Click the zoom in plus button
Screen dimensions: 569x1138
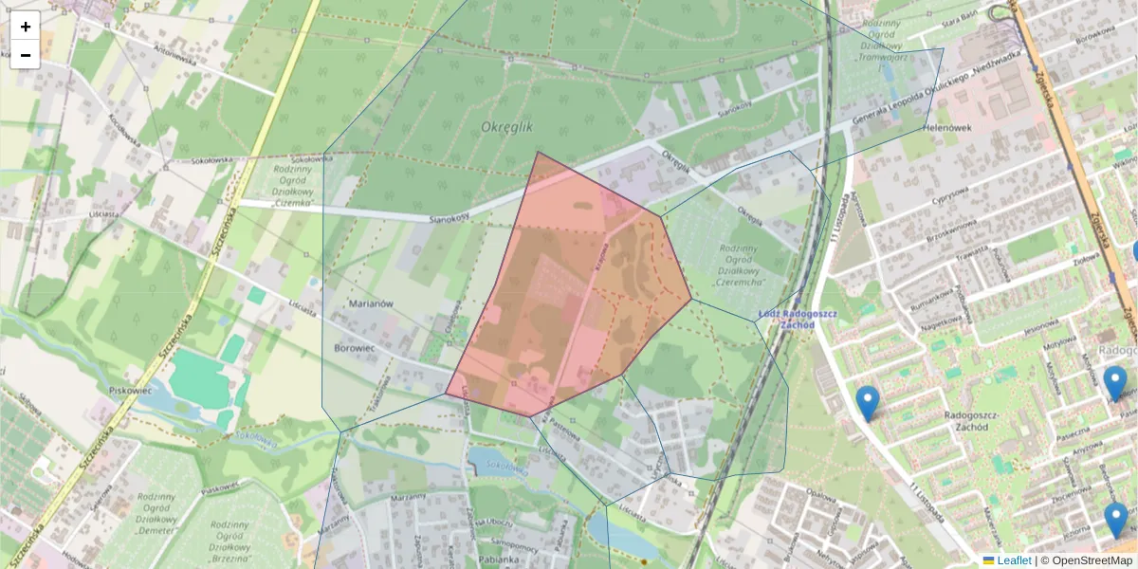pyautogui.click(x=26, y=27)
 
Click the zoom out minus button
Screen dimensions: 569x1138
pyautogui.click(x=26, y=55)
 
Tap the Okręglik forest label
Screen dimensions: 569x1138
pyautogui.click(x=507, y=127)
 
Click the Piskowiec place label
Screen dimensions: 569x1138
pyautogui.click(x=131, y=390)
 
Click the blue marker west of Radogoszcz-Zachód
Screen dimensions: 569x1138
pyautogui.click(x=867, y=402)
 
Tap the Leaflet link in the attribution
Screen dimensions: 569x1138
pyautogui.click(x=1014, y=560)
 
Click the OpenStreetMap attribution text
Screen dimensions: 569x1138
pyautogui.click(x=1092, y=560)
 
